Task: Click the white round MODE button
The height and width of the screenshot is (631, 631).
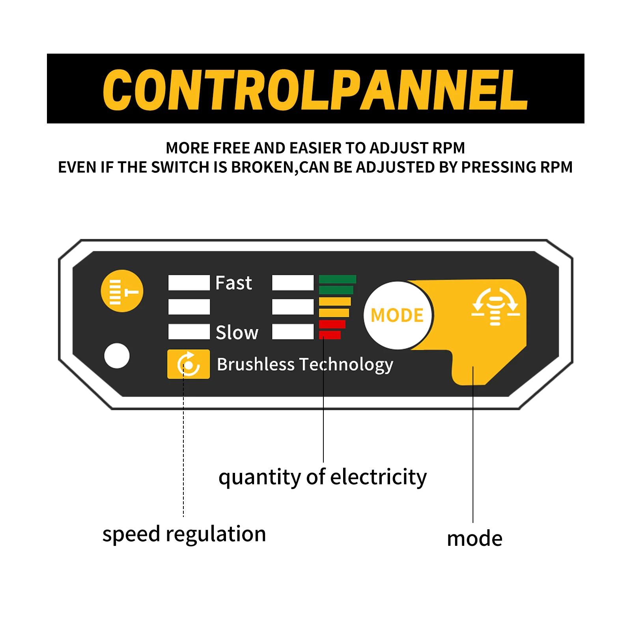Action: [398, 315]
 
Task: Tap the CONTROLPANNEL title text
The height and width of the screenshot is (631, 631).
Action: [315, 90]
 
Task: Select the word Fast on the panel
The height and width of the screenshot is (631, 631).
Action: [233, 283]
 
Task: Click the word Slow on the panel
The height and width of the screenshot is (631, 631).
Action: [237, 332]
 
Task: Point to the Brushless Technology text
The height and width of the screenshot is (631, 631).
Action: [305, 365]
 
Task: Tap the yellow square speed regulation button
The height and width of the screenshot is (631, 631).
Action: [189, 364]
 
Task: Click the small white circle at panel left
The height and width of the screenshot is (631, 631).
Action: [117, 356]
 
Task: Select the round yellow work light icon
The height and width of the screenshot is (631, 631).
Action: [122, 291]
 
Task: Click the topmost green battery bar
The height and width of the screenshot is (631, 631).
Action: [338, 279]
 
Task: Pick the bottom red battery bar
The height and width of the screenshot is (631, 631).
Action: [330, 335]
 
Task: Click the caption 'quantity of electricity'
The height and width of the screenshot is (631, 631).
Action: [323, 478]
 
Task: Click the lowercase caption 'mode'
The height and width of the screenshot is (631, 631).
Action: [475, 539]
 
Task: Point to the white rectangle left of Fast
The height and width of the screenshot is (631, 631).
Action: [189, 283]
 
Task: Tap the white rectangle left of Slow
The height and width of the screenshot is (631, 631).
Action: [189, 332]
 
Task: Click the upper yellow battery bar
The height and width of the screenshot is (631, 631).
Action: [335, 302]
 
